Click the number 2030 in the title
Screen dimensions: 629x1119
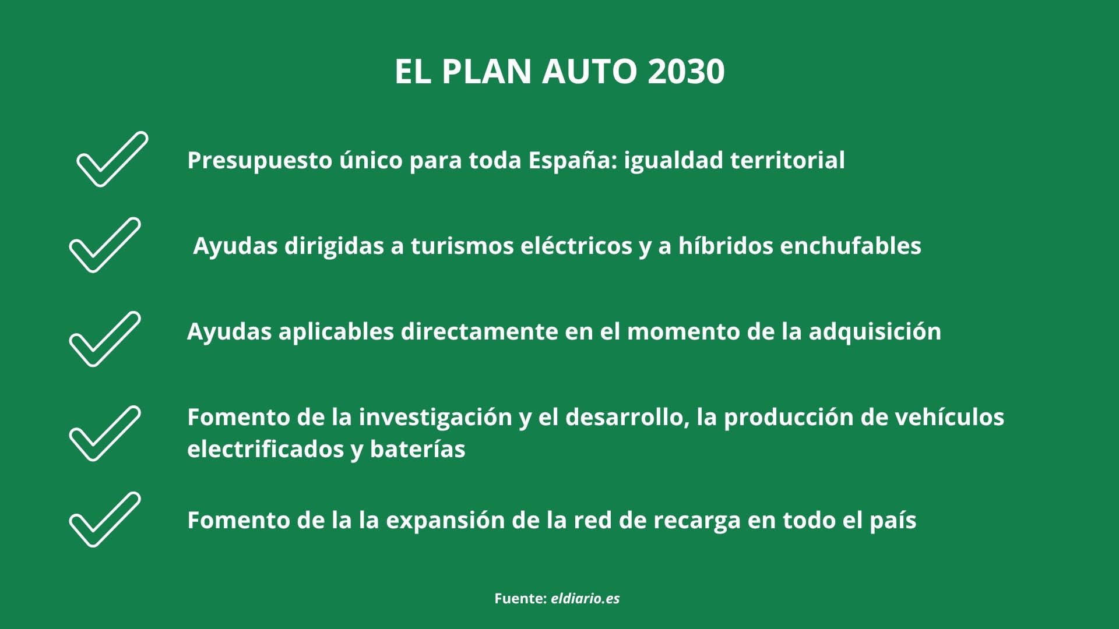(686, 72)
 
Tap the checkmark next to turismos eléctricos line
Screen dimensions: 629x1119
(105, 245)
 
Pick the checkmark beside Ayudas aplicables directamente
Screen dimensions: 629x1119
(105, 339)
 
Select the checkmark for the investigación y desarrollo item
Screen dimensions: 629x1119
(105, 433)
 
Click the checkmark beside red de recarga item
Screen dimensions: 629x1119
(105, 520)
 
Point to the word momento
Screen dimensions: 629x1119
(682, 331)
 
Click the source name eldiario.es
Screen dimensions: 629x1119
(585, 598)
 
